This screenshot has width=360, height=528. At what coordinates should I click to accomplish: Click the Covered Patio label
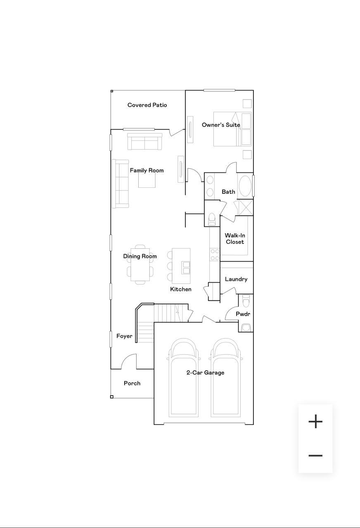click(147, 105)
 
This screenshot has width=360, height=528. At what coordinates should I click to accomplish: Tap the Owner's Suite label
click(220, 125)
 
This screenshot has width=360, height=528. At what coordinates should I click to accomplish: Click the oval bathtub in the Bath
click(245, 186)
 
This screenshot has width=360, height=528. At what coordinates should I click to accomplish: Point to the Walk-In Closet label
click(234, 239)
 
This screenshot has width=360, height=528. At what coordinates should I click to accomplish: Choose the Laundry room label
click(236, 279)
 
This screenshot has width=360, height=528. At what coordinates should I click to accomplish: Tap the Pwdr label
click(243, 314)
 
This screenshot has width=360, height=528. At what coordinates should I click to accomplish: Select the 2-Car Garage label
click(205, 372)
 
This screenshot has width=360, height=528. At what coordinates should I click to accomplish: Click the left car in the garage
click(183, 377)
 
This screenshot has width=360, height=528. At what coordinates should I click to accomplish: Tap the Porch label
click(132, 383)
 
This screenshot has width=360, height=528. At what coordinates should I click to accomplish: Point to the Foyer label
click(124, 336)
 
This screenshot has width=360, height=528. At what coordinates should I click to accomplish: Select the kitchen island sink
click(186, 268)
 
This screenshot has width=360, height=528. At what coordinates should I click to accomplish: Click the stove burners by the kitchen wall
click(215, 254)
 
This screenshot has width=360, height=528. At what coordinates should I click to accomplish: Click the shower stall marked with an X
click(243, 207)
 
